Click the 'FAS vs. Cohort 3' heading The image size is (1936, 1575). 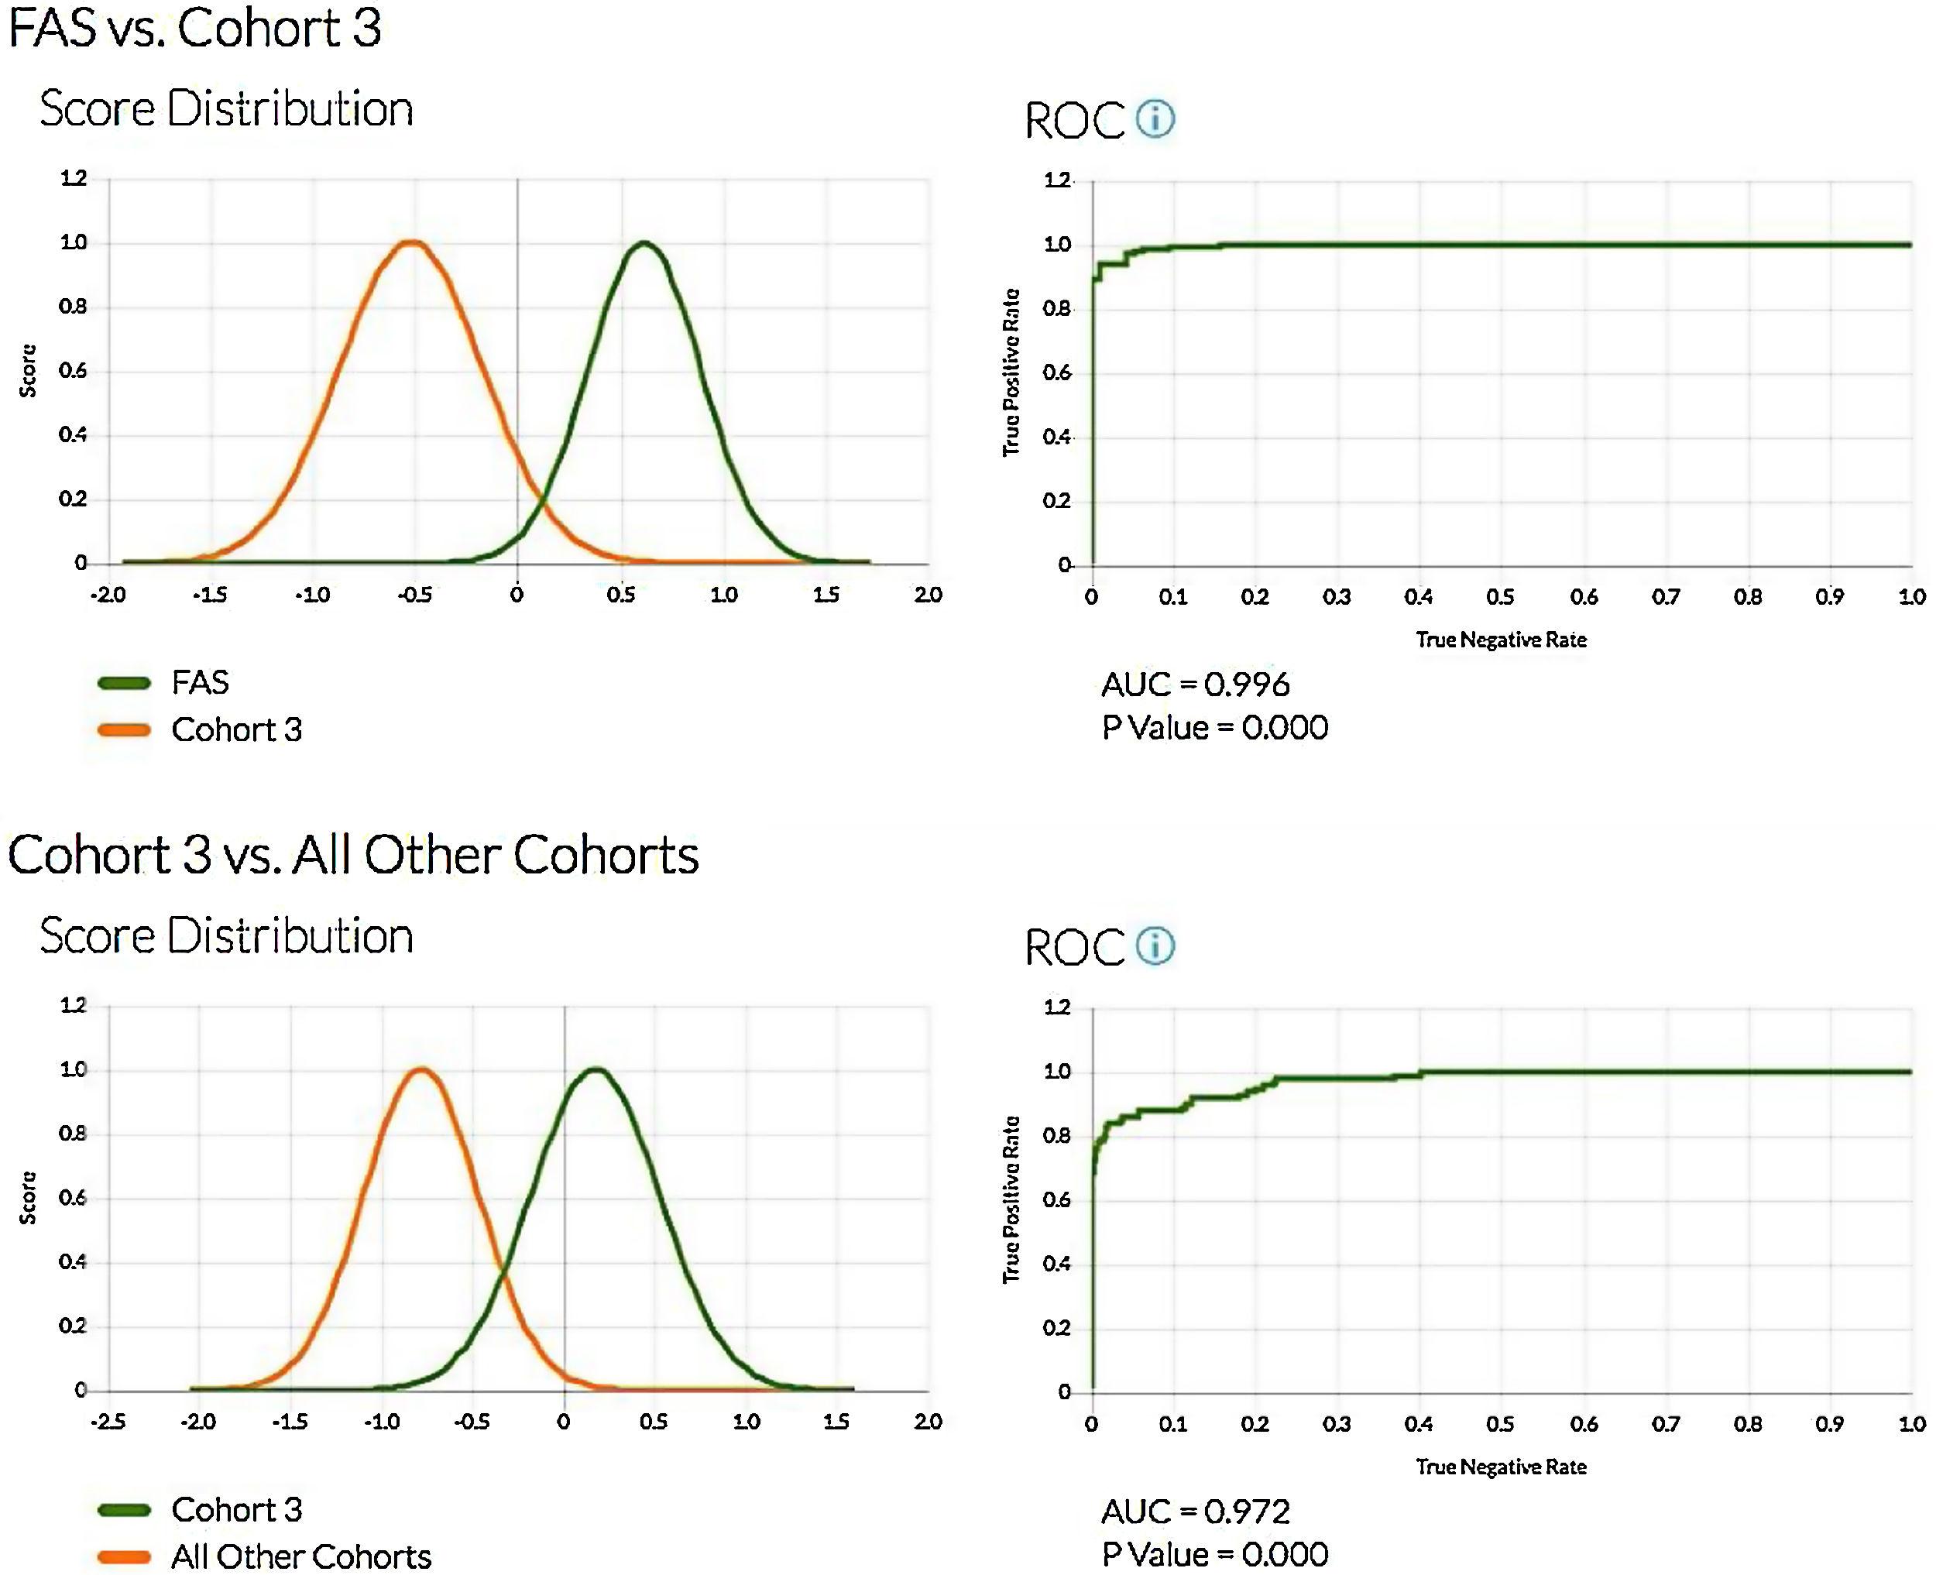[194, 27]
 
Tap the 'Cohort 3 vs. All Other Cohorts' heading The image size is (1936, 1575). [353, 855]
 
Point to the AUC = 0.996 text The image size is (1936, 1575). [1195, 684]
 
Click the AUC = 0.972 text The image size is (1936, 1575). [1195, 1512]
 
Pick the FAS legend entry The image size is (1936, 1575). [200, 682]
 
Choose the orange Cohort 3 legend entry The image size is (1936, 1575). [236, 729]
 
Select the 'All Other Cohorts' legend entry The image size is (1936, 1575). [300, 1557]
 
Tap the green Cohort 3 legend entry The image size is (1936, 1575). [236, 1510]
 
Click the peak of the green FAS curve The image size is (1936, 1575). [644, 243]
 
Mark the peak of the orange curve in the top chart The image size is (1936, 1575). [412, 242]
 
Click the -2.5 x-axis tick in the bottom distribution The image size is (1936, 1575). [107, 1422]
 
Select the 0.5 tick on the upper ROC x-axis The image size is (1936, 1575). [1501, 597]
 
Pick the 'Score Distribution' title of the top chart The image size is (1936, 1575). [226, 109]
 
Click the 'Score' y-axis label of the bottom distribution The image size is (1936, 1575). [28, 1198]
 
